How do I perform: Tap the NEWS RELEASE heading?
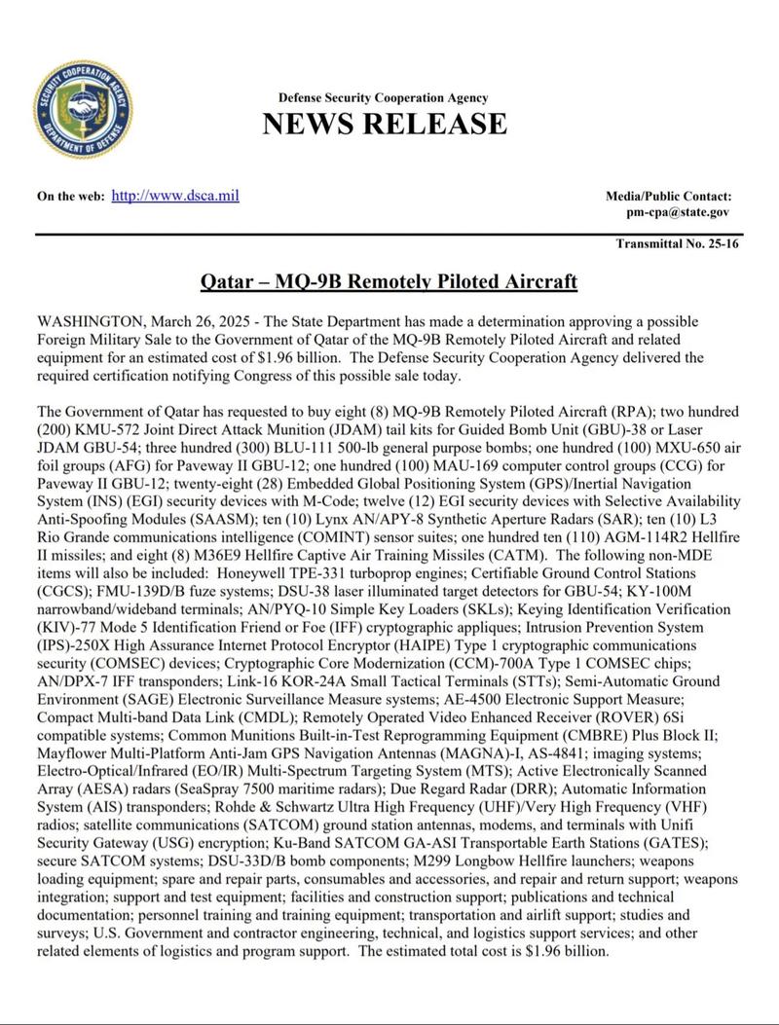click(384, 124)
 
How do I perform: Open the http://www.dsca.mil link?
click(175, 196)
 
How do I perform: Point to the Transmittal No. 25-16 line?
click(677, 243)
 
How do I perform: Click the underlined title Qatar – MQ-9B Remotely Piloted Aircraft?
click(389, 282)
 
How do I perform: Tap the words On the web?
click(70, 197)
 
